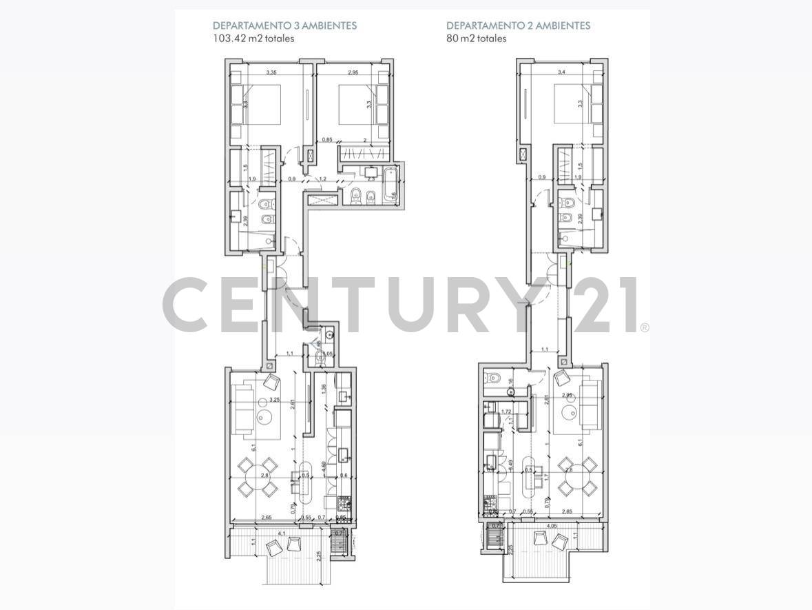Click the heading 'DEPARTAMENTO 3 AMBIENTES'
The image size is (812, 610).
(284, 26)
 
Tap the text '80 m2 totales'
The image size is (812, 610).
(476, 39)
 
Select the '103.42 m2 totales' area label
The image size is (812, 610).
(253, 39)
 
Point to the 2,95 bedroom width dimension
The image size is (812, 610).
(353, 72)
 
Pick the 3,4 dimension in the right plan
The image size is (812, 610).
(561, 72)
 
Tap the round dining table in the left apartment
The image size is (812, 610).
(258, 477)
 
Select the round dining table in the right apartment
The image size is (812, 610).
(577, 477)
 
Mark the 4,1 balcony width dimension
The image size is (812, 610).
(281, 533)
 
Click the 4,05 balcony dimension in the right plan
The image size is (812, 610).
(552, 527)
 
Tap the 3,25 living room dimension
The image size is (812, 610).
(274, 400)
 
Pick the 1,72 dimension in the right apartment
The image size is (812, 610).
(506, 411)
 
